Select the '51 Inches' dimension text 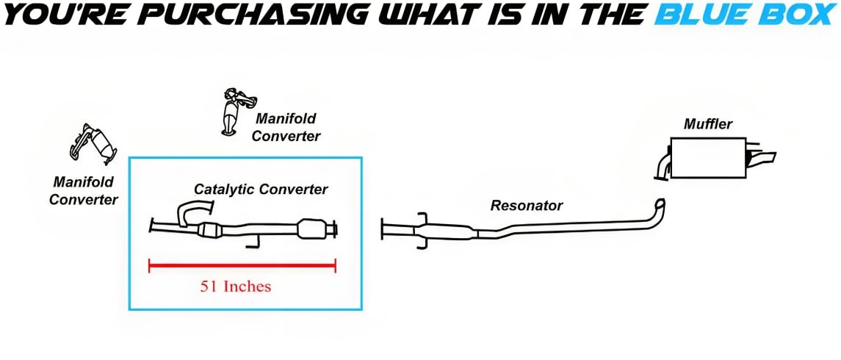pos(235,287)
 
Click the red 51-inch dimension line pos(242,266)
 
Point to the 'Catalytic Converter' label pos(261,190)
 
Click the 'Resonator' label pos(526,206)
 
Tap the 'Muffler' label pos(707,124)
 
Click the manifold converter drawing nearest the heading pos(234,110)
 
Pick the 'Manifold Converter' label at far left pos(83,190)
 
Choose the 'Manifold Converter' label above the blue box pos(287,126)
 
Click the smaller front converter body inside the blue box pos(212,231)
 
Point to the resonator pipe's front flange pos(383,228)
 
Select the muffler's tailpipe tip pos(768,157)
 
